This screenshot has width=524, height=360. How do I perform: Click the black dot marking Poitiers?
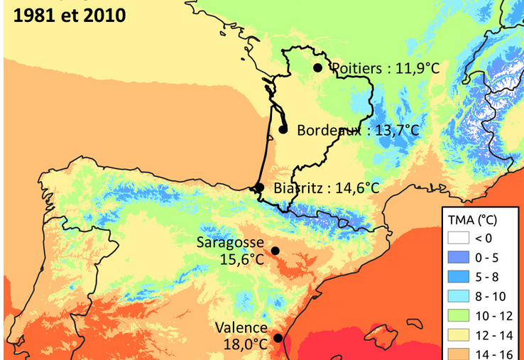pyautogui.click(x=317, y=67)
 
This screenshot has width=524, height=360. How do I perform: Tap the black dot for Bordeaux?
pyautogui.click(x=283, y=129)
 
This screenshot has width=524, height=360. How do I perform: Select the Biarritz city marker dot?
pyautogui.click(x=260, y=187)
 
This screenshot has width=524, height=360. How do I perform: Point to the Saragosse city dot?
pyautogui.click(x=275, y=251)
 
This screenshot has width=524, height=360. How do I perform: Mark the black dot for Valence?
pyautogui.click(x=278, y=338)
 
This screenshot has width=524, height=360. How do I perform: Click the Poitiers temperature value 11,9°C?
pyautogui.click(x=411, y=68)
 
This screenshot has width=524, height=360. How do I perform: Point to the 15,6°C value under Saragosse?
pyautogui.click(x=241, y=259)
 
